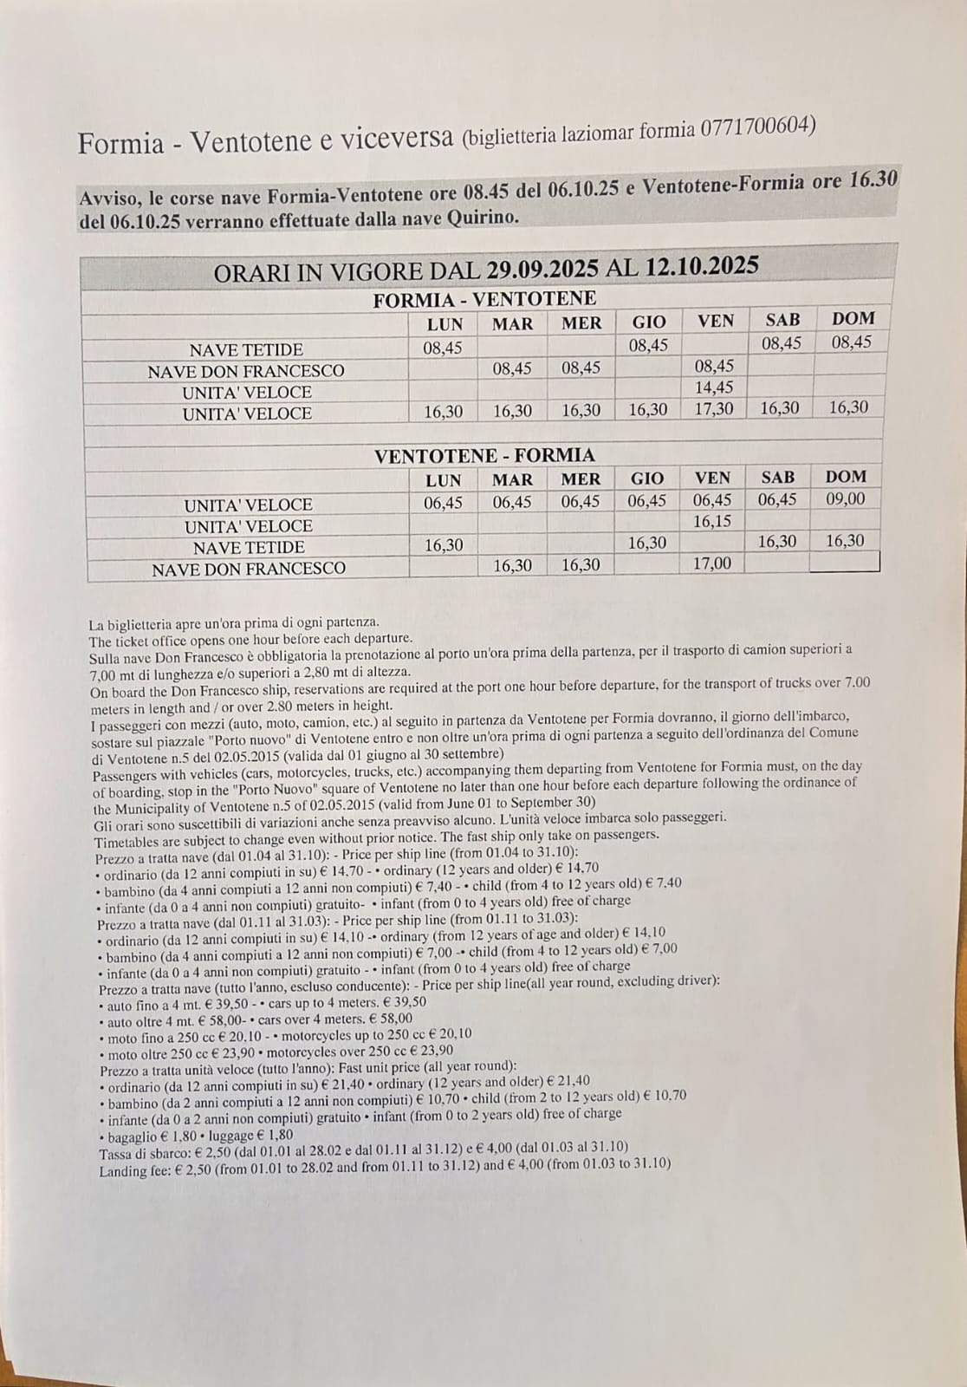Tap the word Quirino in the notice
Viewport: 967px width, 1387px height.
[483, 217]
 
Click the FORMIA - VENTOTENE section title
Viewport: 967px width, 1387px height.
[484, 300]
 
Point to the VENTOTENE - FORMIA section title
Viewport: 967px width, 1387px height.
[484, 456]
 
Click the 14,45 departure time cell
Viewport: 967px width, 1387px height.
[714, 387]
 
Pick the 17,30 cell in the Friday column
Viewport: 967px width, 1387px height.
[714, 408]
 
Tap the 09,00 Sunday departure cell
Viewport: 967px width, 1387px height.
[845, 499]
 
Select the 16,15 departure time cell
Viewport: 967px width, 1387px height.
[712, 521]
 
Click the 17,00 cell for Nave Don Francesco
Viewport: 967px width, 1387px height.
[712, 563]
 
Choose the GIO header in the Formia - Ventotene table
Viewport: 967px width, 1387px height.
[649, 322]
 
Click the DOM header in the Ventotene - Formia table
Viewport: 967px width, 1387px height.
[846, 477]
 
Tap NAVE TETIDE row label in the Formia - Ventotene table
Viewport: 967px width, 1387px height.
[246, 350]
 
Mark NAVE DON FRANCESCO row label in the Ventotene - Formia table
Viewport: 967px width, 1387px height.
[249, 570]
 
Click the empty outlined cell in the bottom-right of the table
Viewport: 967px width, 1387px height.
[844, 563]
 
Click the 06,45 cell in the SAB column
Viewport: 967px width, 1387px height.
[777, 499]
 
